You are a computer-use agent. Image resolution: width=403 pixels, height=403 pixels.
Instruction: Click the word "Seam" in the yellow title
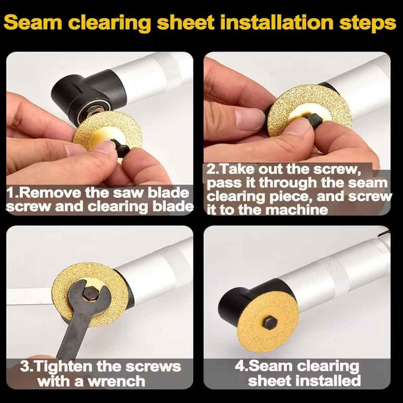click(33, 23)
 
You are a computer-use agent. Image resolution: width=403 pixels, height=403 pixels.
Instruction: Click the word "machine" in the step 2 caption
click(296, 210)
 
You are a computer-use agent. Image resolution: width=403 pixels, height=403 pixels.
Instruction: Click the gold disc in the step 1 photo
click(108, 134)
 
